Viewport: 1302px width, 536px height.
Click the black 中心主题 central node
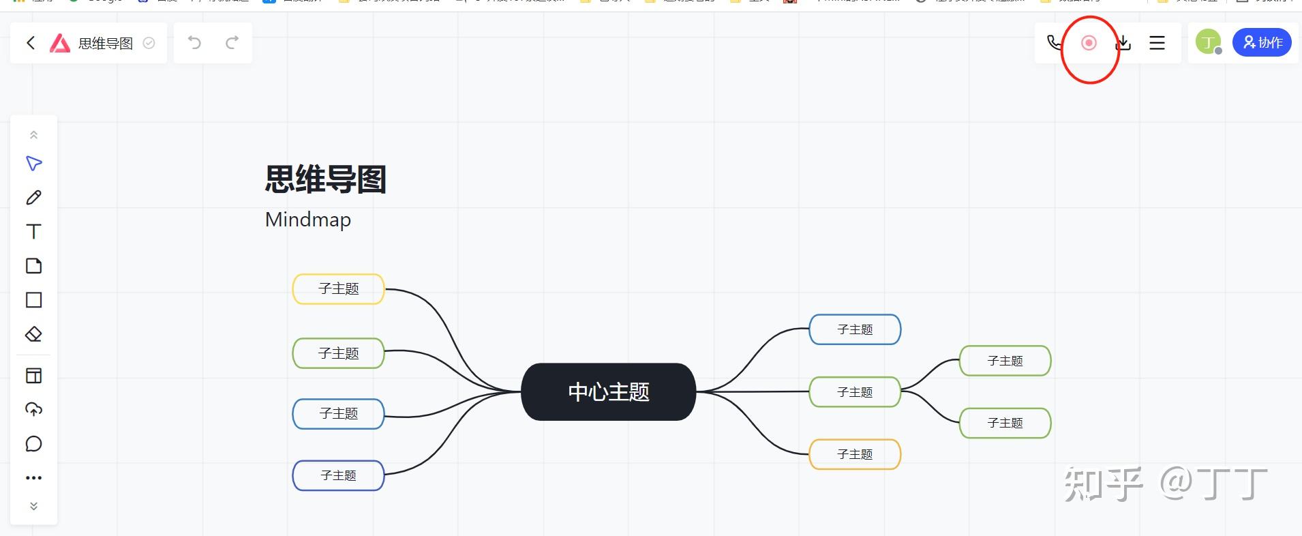[608, 392]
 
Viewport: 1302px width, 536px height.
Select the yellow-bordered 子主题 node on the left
[338, 289]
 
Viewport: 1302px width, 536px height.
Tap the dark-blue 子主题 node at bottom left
[338, 475]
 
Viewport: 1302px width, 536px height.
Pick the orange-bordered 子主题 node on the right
[855, 454]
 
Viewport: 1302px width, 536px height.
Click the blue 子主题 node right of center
[855, 329]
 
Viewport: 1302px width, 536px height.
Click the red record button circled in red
[1089, 43]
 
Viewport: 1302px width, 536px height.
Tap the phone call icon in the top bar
[1054, 43]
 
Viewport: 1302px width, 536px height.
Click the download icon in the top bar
[1123, 43]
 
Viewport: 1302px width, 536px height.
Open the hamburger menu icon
[1157, 43]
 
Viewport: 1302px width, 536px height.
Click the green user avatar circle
[1208, 42]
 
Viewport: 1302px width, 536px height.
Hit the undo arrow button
[194, 43]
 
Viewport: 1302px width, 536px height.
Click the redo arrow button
[232, 43]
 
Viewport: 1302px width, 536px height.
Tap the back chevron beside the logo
[31, 43]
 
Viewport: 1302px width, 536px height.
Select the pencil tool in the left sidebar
[33, 198]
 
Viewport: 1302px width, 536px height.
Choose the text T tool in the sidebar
[33, 232]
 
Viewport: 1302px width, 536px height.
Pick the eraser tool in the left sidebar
[33, 334]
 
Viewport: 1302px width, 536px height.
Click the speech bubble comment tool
[33, 444]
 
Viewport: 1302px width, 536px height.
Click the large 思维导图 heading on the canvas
[325, 180]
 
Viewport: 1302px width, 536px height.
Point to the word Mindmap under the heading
[308, 220]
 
